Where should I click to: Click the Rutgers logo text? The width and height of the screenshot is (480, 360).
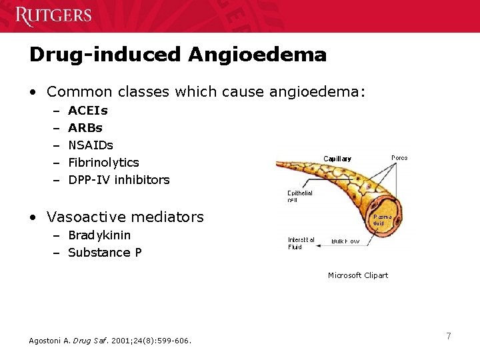(x=53, y=15)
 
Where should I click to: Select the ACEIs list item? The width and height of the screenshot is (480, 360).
(x=88, y=111)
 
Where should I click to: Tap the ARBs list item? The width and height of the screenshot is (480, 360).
(x=85, y=128)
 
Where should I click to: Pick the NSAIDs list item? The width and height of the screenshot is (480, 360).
(x=91, y=145)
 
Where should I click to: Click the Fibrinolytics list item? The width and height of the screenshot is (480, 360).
(x=103, y=163)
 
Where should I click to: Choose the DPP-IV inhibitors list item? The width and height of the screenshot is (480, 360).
(x=119, y=180)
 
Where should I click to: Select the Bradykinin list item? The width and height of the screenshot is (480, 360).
(x=99, y=235)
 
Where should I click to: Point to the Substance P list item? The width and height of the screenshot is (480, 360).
(x=105, y=253)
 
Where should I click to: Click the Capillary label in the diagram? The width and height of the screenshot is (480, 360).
(x=337, y=159)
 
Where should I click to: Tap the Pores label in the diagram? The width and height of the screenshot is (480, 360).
(x=399, y=158)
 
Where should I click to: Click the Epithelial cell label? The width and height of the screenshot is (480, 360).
(x=299, y=197)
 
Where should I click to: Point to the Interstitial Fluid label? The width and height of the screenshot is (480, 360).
(x=301, y=243)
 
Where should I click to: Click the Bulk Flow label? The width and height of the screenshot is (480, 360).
(x=345, y=241)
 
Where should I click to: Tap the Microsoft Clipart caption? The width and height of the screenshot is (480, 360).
(x=357, y=275)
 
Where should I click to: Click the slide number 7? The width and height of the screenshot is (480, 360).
(x=449, y=337)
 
